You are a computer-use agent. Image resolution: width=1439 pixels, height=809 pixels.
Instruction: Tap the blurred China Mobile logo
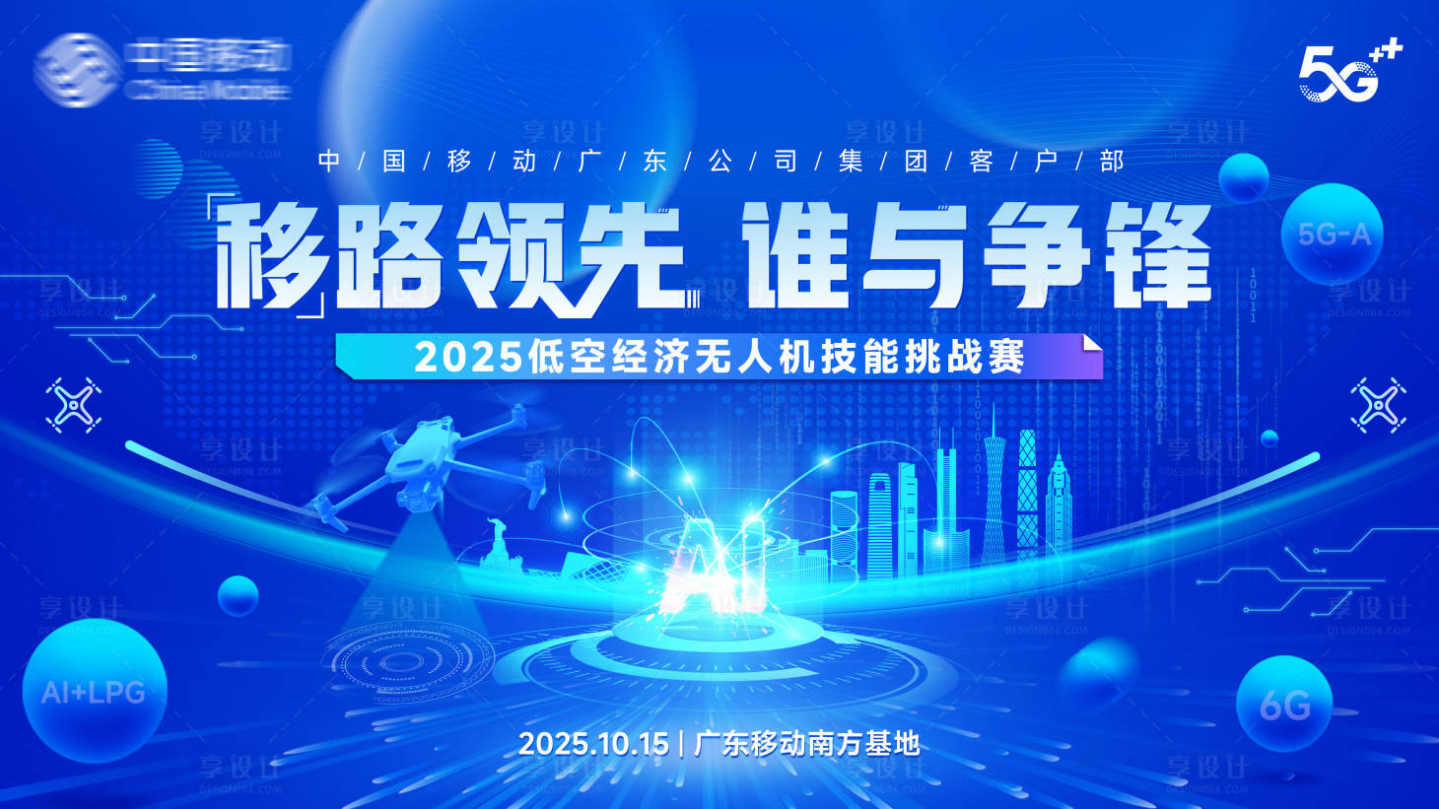(x=164, y=67)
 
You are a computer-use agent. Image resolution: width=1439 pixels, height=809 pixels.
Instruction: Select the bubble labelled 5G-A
(x=1333, y=235)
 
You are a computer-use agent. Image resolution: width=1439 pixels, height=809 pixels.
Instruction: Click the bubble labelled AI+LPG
(x=94, y=691)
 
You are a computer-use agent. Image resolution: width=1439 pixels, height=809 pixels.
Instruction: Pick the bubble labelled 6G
(x=1284, y=705)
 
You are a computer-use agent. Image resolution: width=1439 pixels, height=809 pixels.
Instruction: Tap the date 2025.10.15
(x=593, y=743)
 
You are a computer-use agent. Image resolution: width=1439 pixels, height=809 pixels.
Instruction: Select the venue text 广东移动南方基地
(x=807, y=743)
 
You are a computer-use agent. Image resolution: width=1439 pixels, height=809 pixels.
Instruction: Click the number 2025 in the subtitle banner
(x=468, y=357)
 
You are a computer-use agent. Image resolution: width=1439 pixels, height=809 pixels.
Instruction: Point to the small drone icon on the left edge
(x=74, y=405)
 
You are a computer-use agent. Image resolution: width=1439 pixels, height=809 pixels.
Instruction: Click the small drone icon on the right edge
(x=1378, y=404)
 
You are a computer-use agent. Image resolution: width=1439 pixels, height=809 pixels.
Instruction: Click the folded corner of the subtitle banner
(x=1091, y=344)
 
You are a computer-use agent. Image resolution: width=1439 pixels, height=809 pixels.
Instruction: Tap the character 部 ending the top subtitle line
(x=1112, y=161)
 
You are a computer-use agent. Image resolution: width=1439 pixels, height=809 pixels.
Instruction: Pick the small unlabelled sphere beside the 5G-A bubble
(x=1243, y=178)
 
